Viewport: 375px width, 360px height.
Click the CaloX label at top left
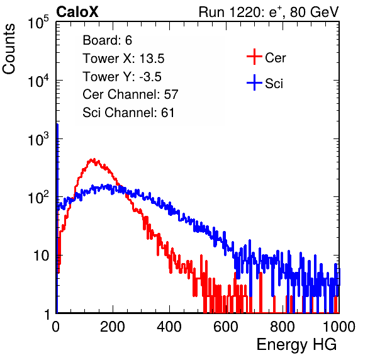pos(77,12)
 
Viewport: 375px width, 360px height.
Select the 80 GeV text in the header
pos(315,12)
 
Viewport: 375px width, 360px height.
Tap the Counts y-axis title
pos(9,49)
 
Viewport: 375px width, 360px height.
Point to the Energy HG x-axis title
pos(296,345)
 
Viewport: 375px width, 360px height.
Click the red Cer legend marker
pos(254,57)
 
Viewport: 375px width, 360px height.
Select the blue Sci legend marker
pos(254,82)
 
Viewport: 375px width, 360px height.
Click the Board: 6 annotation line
pos(107,40)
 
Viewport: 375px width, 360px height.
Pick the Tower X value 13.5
pos(152,59)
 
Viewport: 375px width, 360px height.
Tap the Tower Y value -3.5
pos(150,77)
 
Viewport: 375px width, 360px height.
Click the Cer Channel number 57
pos(171,94)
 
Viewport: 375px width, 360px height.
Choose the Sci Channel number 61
pos(167,113)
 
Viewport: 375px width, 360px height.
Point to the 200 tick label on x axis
pos(113,327)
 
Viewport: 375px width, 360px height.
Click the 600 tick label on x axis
pos(226,327)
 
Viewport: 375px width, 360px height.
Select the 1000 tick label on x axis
pos(339,327)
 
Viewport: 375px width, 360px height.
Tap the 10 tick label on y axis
pos(41,256)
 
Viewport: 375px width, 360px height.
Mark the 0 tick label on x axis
pos(56,327)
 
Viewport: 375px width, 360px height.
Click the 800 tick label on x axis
pos(283,327)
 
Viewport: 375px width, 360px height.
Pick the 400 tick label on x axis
pos(169,327)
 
